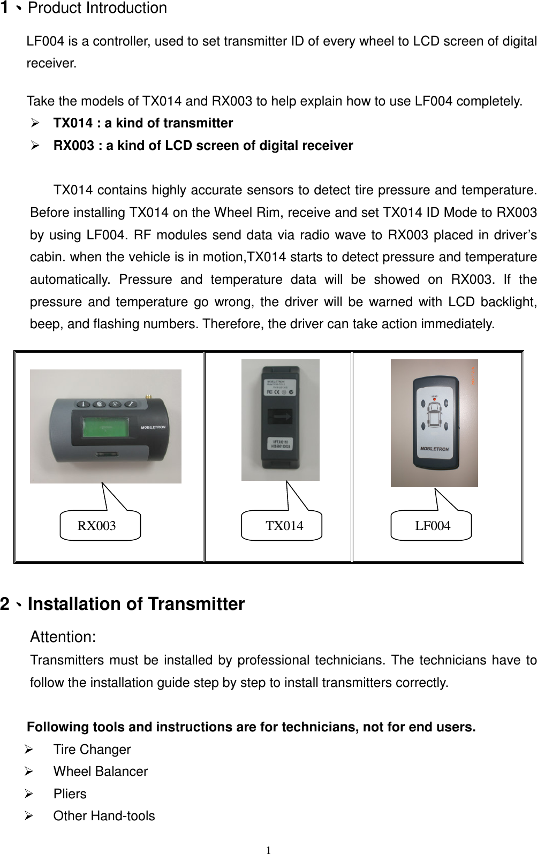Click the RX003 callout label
(97, 526)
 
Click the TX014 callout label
(284, 526)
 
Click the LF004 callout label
(433, 526)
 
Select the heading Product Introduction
(97, 9)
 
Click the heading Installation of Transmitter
(136, 604)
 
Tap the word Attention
(63, 637)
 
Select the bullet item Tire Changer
(92, 750)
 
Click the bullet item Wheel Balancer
(101, 772)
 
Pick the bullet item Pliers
(70, 794)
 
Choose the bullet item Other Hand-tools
(104, 816)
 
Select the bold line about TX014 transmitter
(143, 124)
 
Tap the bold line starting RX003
(203, 146)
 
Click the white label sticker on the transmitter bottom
(281, 443)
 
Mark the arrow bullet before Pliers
(35, 794)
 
